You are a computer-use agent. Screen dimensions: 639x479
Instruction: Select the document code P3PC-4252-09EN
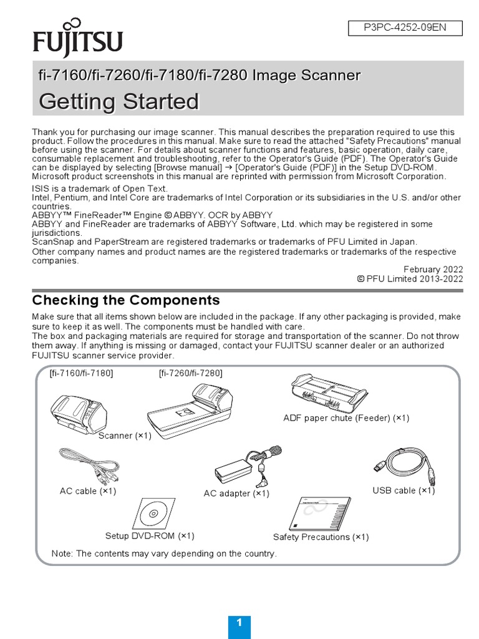(x=405, y=28)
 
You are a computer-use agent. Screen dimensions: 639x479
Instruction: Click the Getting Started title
(x=119, y=101)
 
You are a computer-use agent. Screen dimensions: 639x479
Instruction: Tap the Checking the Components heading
(x=126, y=300)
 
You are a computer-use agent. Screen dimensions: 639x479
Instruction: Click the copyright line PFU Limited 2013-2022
(x=410, y=279)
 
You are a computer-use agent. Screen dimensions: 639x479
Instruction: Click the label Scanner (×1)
(x=125, y=436)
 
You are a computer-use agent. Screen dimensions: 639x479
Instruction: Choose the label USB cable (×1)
(x=404, y=490)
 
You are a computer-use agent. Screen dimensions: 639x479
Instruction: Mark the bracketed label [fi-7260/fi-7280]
(x=190, y=373)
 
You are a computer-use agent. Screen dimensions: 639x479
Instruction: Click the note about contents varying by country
(x=164, y=554)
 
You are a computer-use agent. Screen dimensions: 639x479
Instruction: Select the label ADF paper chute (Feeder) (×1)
(x=346, y=418)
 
